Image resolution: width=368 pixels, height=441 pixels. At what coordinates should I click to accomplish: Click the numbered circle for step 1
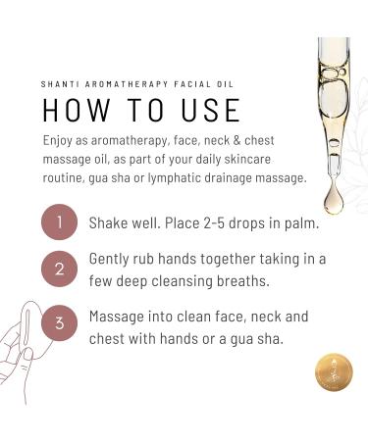59,223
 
